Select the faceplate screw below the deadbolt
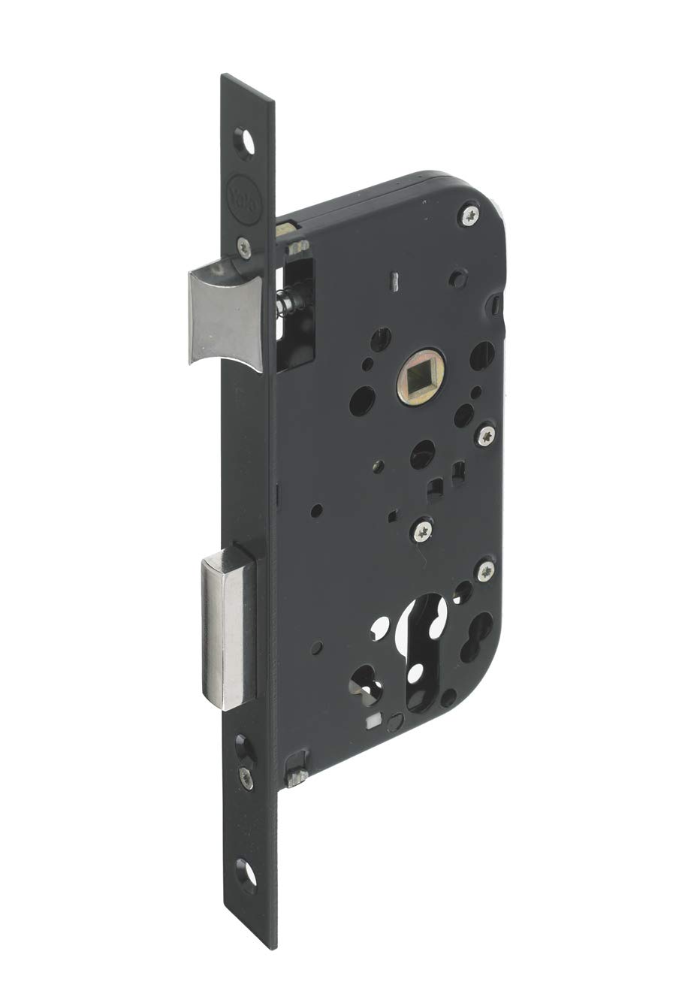246,777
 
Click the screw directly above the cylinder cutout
421,531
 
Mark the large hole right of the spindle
481,355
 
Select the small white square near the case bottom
370,723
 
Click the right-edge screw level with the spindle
486,434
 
